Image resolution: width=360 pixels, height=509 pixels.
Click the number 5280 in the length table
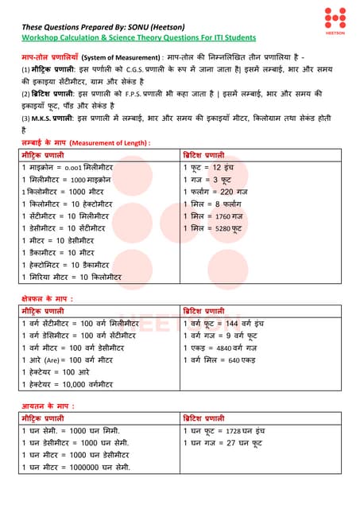[225, 227]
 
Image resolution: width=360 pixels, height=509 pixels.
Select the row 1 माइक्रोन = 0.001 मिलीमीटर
[70, 169]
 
